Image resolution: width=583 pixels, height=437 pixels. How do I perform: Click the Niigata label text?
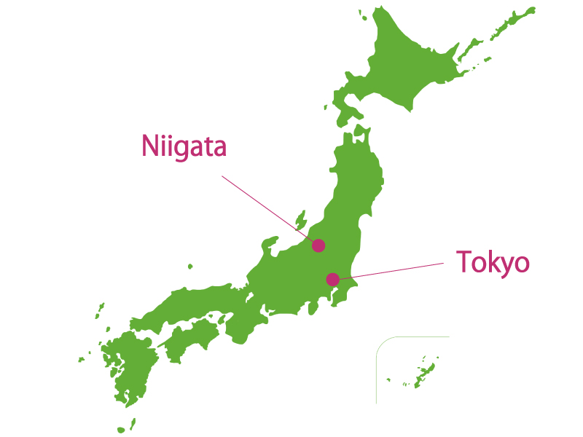(184, 146)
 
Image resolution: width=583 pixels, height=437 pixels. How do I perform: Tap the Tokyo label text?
(492, 262)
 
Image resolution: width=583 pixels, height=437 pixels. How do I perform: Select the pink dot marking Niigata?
(318, 245)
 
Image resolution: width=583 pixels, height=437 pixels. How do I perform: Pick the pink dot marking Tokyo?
(332, 279)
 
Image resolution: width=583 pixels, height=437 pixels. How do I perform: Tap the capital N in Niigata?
(150, 146)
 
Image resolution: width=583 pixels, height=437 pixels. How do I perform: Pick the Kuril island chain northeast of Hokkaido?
(510, 25)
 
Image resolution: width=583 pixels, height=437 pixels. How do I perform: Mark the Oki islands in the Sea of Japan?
(189, 267)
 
